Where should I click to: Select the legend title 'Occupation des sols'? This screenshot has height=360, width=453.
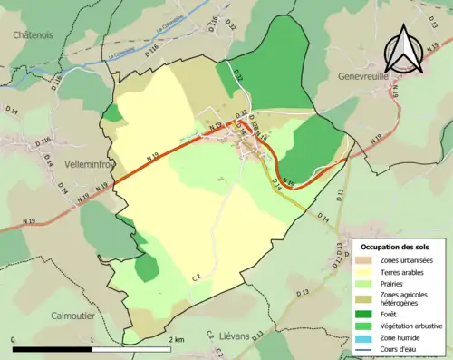click(395, 247)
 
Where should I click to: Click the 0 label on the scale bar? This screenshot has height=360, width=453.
click(13, 339)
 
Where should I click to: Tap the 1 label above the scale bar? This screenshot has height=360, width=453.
click(92, 339)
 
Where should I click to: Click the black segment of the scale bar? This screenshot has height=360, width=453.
click(53, 348)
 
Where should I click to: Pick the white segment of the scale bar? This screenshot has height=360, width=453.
click(132, 348)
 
